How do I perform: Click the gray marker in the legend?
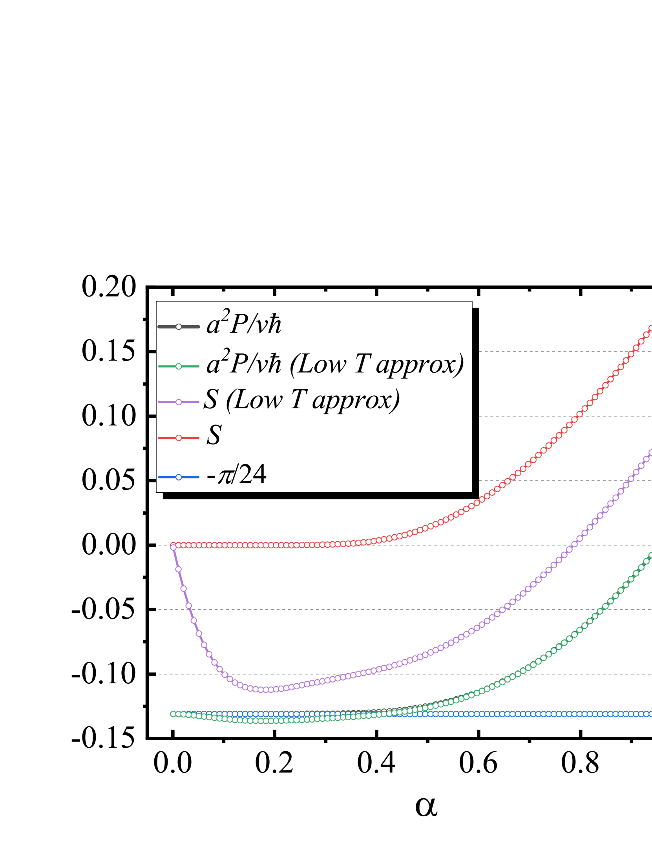tap(179, 327)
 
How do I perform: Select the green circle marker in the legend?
tap(179, 366)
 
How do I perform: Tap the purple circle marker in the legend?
tap(179, 402)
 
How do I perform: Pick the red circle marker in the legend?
tap(179, 438)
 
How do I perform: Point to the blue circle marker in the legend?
tap(179, 477)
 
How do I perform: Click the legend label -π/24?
tap(236, 475)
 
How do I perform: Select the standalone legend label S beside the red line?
tap(214, 435)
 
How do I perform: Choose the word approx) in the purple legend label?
tap(356, 401)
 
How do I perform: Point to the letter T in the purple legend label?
tap(298, 400)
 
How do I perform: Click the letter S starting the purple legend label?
tap(211, 400)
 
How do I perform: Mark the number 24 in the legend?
tap(253, 475)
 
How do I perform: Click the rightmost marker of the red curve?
tap(650, 328)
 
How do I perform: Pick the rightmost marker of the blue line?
tap(650, 714)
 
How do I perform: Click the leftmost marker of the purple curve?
tap(173, 547)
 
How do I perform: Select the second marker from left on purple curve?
tap(179, 569)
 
